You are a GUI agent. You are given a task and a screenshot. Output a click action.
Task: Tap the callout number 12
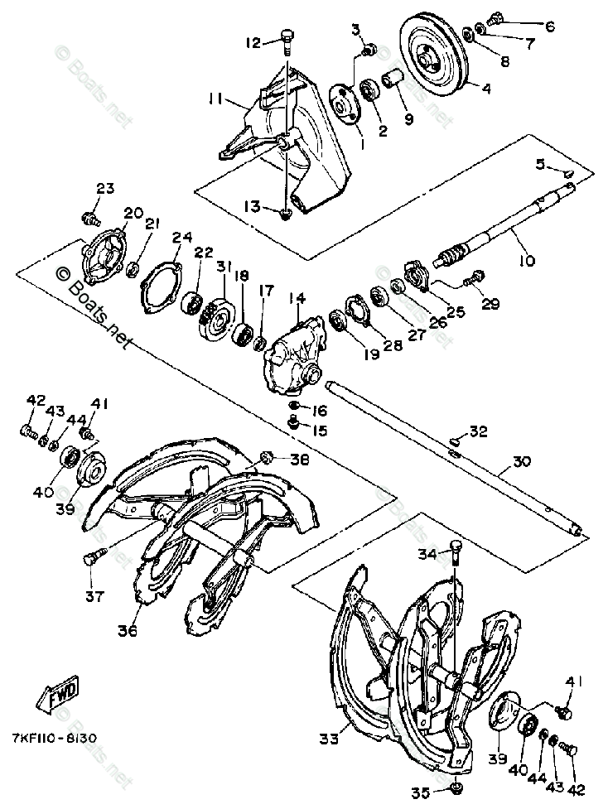[x=252, y=41]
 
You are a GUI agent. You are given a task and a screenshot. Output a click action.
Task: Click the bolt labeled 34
[x=456, y=551]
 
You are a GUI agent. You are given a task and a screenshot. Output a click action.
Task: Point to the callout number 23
[x=104, y=188]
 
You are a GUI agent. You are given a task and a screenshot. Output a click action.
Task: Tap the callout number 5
[x=540, y=165]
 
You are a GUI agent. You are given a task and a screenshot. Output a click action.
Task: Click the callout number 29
[x=490, y=304]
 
